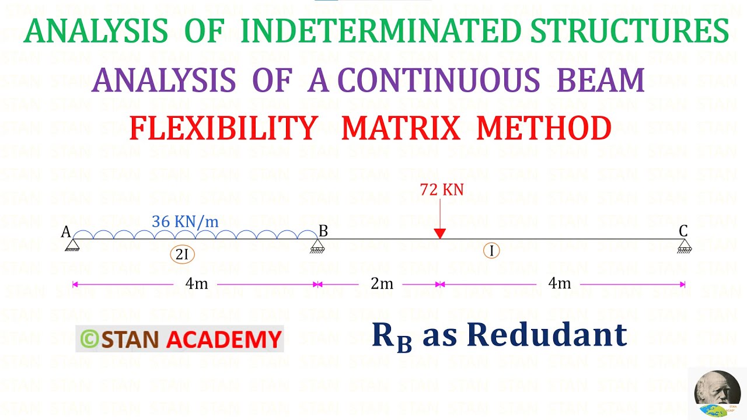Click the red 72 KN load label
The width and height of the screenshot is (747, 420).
coord(441,190)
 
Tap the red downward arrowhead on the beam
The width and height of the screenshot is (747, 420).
coord(440,233)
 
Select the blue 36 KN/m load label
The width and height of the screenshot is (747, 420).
coord(185,222)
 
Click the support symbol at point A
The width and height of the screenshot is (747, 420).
coord(72,246)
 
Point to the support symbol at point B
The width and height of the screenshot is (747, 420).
coord(317,246)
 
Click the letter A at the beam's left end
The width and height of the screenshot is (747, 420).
coord(66,232)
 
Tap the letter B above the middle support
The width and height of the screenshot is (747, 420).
coord(323,231)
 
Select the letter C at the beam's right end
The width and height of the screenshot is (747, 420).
coord(683,231)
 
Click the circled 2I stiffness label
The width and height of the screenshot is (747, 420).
coord(182,254)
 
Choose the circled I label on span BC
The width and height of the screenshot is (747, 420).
coord(491,251)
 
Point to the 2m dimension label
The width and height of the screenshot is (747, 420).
coord(382,284)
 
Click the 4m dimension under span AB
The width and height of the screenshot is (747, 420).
coord(197,284)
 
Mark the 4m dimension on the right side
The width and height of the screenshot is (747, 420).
coord(559,283)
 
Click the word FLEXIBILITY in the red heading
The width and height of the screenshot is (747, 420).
coord(224,128)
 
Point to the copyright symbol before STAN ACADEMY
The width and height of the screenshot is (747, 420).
coord(89,339)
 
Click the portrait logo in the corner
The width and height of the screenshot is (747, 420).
coord(717,394)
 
